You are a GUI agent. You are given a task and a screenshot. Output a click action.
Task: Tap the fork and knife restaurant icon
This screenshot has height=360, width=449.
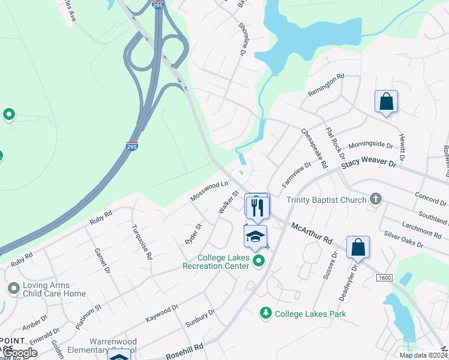(x=258, y=208)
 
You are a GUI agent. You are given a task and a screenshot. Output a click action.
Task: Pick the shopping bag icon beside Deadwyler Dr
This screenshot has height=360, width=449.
(x=358, y=247)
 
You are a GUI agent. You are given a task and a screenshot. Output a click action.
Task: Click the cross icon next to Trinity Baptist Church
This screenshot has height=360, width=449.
(x=376, y=199)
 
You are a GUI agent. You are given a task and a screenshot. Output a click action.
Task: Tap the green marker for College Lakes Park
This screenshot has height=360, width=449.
(x=265, y=313)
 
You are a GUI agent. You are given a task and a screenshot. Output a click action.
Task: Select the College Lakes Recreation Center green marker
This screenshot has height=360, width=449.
(x=259, y=260)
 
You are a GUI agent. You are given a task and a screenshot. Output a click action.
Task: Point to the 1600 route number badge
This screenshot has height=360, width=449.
(x=385, y=278)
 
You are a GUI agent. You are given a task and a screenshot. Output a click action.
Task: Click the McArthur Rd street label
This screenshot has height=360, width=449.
(x=312, y=232)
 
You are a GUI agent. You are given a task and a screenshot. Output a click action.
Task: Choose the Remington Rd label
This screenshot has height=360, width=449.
(x=326, y=85)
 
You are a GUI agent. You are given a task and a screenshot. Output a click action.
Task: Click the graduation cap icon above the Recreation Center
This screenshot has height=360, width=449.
(x=256, y=236)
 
